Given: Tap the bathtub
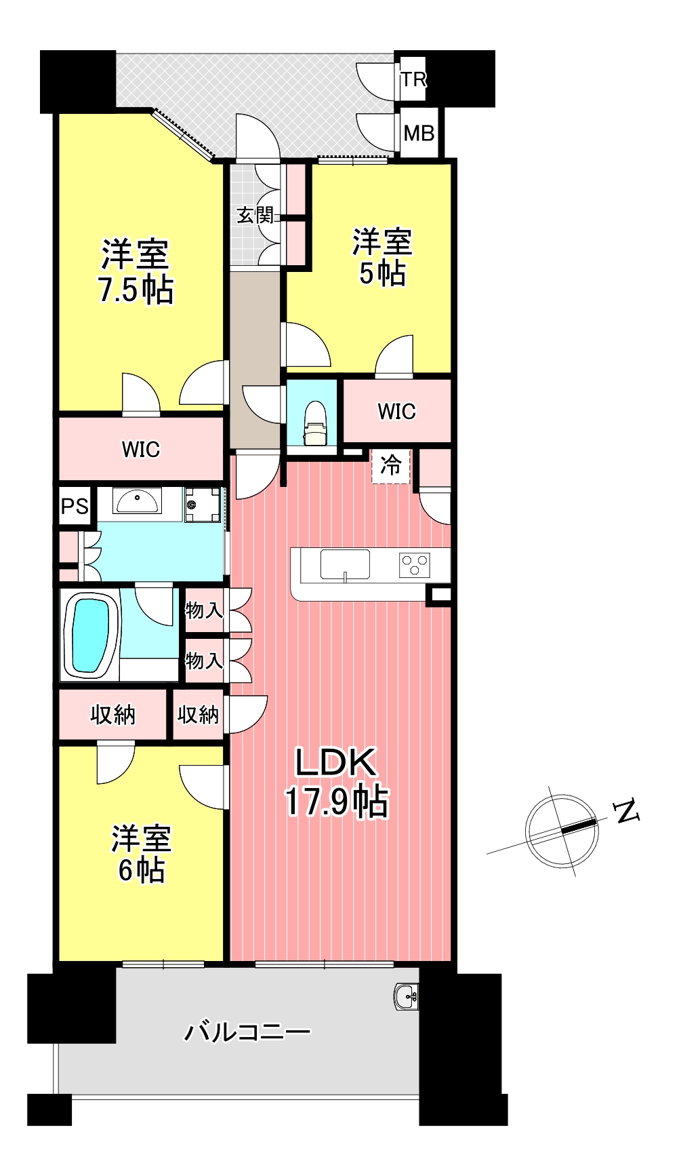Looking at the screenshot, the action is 90,635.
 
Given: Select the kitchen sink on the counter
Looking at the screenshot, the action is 345,564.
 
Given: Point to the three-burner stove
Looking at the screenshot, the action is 414,565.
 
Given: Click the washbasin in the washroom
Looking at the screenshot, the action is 137,501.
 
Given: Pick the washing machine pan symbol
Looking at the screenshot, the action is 203,505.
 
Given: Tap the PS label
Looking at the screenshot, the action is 75,506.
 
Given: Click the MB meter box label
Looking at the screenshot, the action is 419,133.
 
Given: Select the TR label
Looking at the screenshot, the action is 413,79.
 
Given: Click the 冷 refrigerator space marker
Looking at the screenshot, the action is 391,465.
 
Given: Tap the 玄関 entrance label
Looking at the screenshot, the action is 255,216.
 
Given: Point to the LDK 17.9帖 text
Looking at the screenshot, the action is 336,782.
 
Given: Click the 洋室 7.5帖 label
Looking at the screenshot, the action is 136,271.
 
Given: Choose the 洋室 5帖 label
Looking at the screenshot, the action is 382,258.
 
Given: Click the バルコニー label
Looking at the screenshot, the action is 247,1032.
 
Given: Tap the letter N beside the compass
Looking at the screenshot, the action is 627,811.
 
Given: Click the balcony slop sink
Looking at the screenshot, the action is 406,996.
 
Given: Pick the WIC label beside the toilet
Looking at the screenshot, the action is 396,411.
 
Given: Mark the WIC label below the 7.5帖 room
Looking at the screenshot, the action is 141,449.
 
